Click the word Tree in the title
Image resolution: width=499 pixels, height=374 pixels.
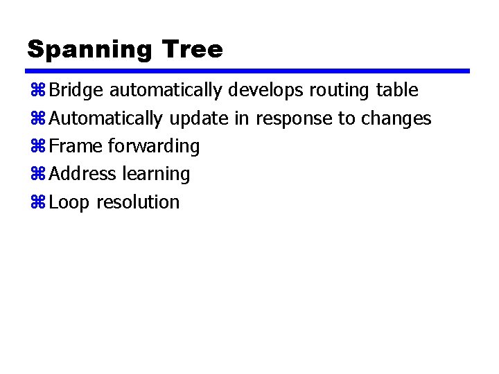192,50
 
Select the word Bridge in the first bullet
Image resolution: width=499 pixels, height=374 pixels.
77,91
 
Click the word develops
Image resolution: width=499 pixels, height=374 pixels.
266,91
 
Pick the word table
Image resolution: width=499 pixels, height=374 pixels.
397,90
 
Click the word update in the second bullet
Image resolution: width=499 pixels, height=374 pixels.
198,119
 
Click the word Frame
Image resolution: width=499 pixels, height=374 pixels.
76,146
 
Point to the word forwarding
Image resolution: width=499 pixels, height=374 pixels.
154,147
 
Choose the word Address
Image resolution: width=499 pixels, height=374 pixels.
83,174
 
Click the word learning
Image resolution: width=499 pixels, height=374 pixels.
156,175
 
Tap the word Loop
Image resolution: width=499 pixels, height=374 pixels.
70,203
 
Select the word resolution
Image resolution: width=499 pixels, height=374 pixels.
138,202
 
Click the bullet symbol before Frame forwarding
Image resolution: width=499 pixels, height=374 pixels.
37,147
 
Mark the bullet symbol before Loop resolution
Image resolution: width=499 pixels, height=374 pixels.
37,203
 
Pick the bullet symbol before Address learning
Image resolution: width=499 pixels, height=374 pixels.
37,175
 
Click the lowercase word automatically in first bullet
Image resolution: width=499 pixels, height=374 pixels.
166,91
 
